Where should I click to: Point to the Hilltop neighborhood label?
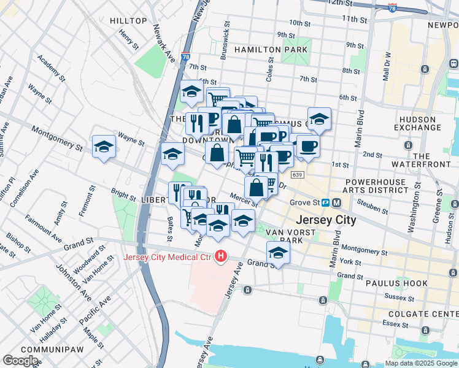(128, 21)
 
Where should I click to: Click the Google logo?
(21, 361)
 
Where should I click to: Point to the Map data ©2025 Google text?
(420, 363)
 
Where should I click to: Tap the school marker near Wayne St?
(104, 147)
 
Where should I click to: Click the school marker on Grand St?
(278, 253)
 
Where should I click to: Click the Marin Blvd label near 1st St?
(360, 129)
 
